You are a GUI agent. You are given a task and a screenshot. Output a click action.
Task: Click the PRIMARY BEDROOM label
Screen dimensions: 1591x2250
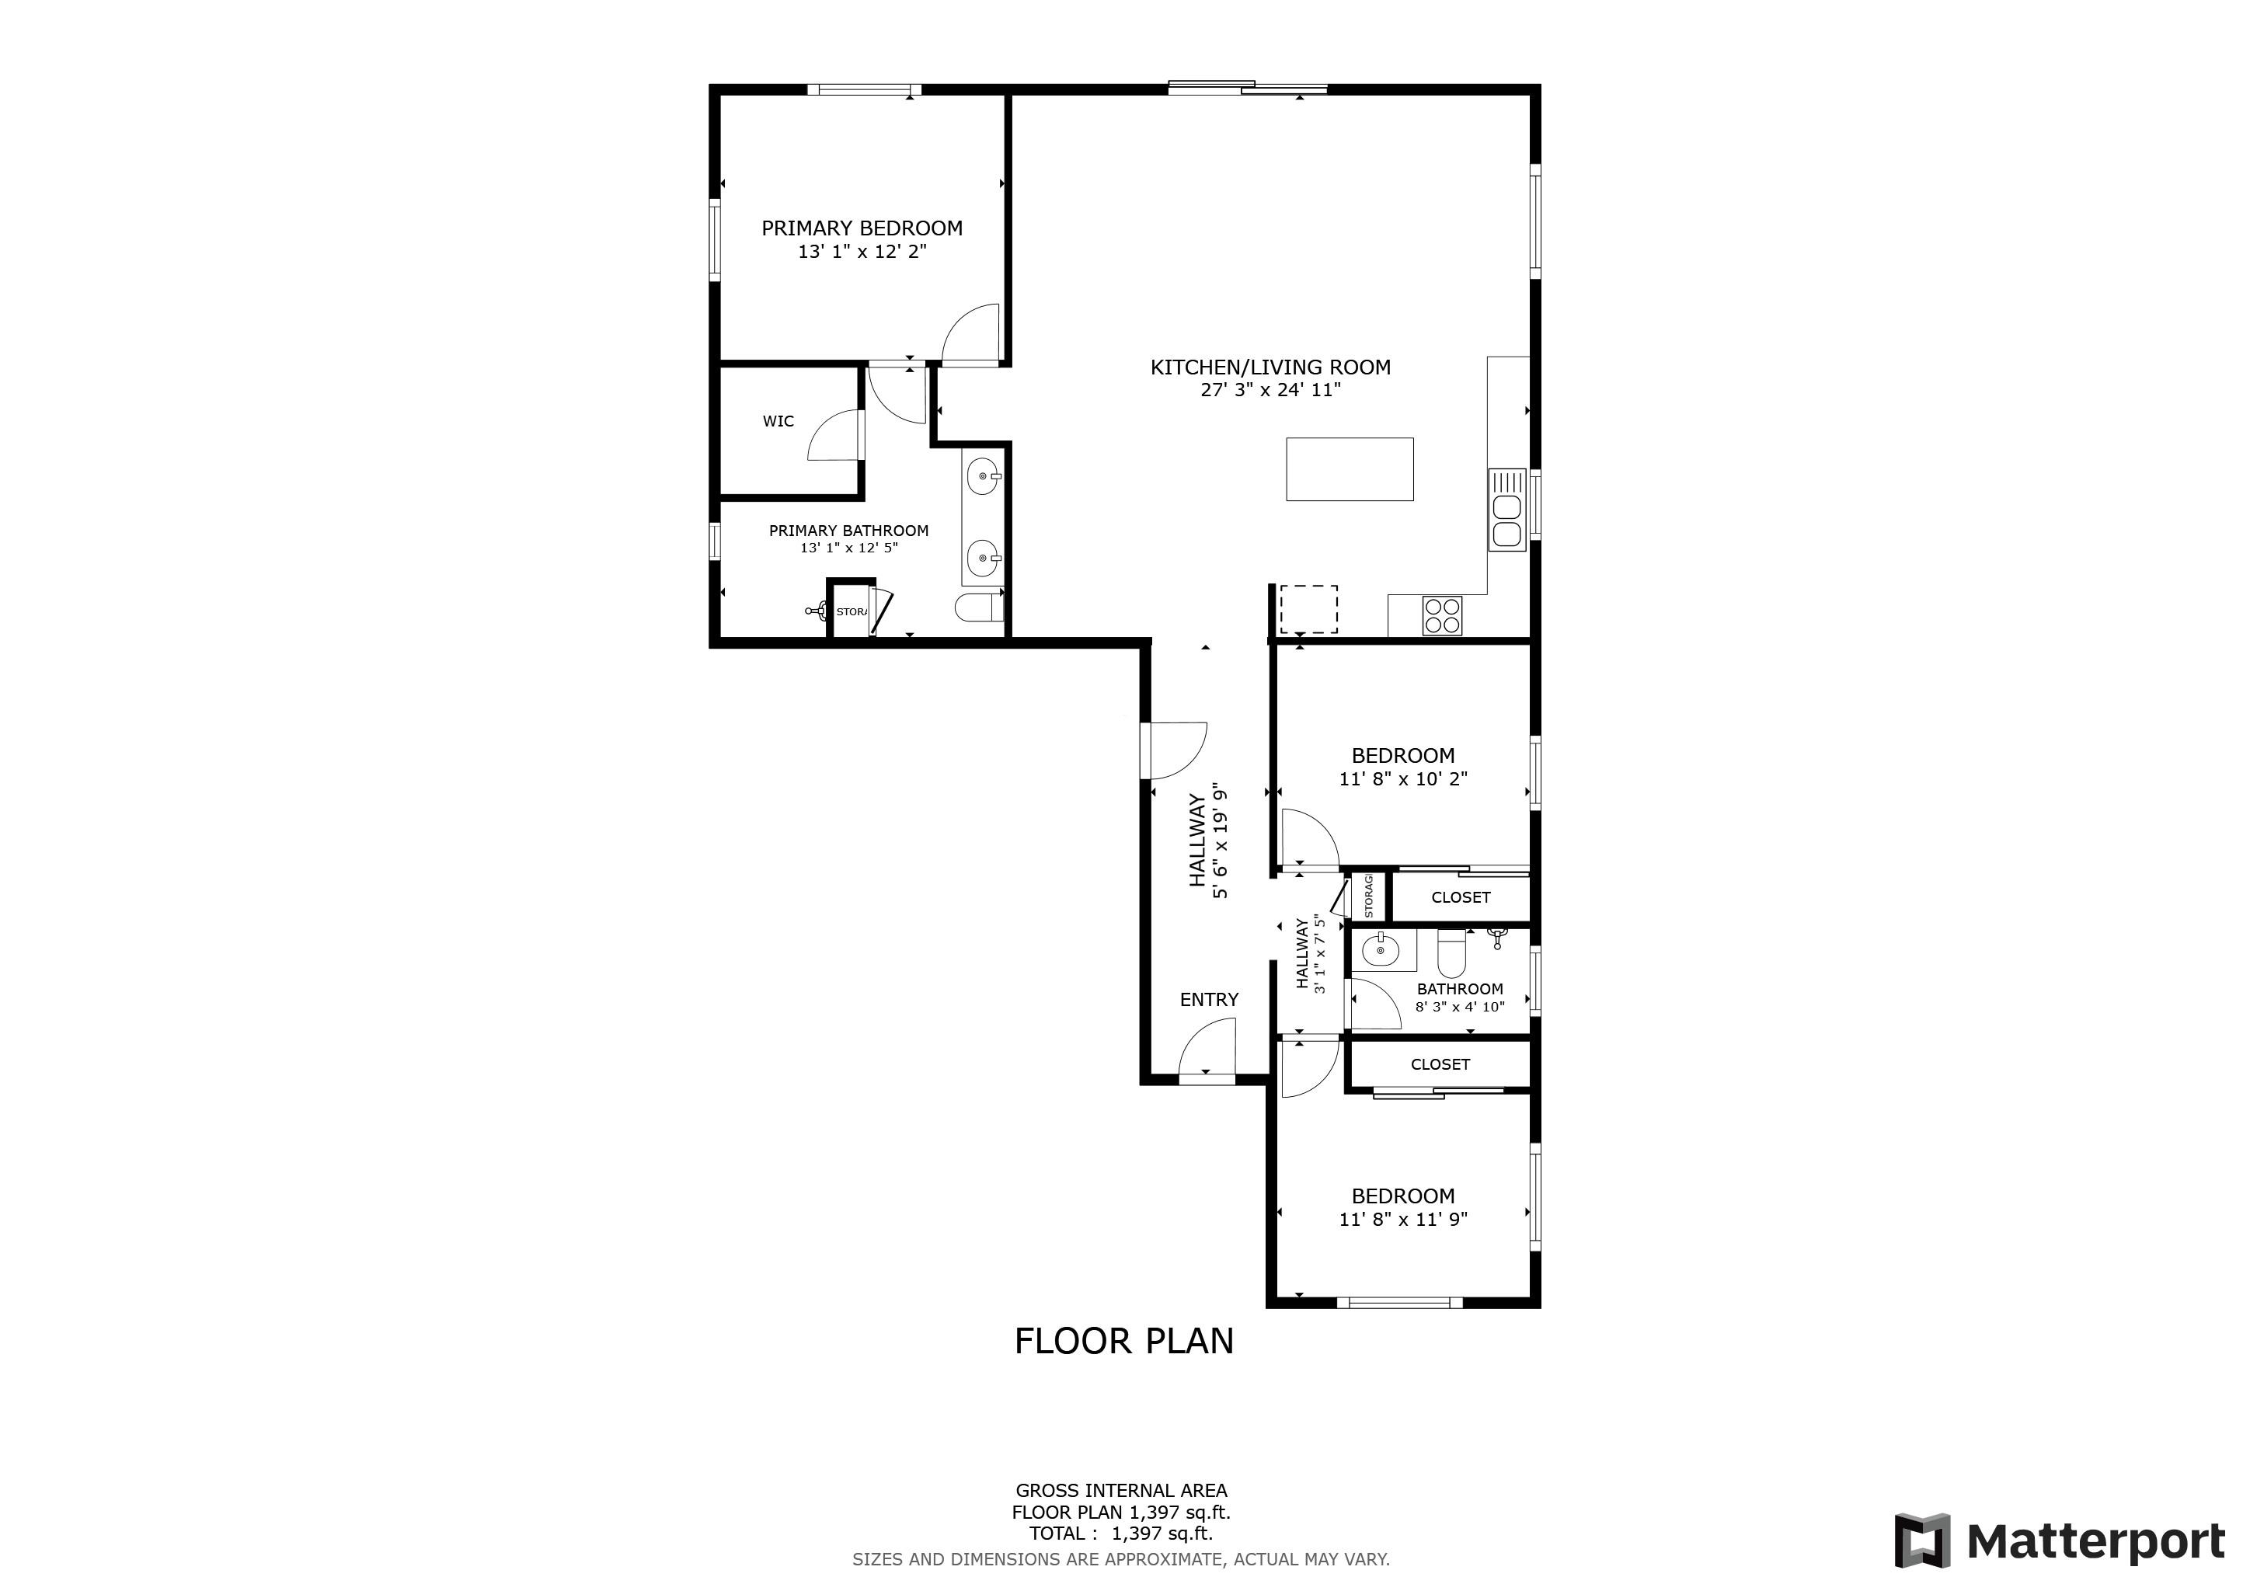tap(862, 228)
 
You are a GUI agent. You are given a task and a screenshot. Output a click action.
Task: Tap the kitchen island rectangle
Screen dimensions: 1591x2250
tap(1350, 469)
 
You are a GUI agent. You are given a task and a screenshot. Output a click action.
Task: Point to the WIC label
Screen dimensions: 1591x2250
tap(778, 421)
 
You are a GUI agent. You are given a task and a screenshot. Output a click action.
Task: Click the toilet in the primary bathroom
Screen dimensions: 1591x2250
tap(978, 608)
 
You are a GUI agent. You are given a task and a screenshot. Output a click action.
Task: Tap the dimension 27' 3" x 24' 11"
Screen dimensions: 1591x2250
tap(1270, 390)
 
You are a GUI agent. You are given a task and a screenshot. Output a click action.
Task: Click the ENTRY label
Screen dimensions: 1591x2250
tap(1208, 999)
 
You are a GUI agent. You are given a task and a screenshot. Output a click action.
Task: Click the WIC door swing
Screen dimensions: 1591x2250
tap(837, 438)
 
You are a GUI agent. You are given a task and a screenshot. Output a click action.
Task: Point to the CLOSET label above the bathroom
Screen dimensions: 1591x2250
tap(1460, 897)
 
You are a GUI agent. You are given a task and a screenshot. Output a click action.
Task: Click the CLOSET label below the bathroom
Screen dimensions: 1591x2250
tap(1440, 1064)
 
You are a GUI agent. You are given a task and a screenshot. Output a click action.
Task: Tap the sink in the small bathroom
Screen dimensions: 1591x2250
tap(1381, 950)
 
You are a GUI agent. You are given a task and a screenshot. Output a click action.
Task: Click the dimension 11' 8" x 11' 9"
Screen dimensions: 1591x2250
tap(1402, 1220)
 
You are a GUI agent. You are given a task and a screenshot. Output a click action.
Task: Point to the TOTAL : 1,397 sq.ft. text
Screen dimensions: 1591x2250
tap(1120, 1534)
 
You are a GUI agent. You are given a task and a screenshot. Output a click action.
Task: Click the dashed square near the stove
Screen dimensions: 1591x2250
tap(1308, 609)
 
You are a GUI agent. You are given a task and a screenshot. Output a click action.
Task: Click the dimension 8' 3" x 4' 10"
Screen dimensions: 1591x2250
tap(1459, 1006)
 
